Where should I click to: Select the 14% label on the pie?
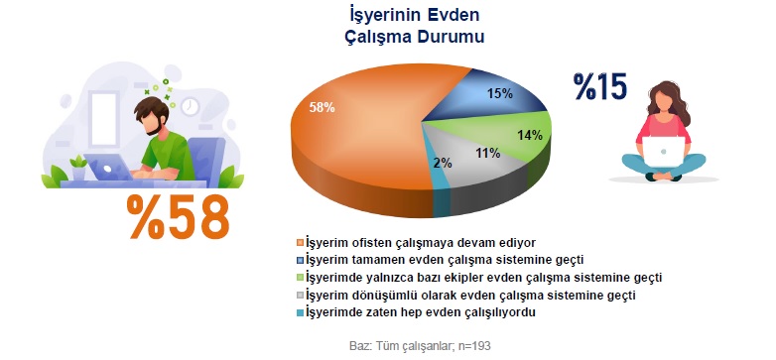click(529, 134)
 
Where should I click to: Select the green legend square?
click(300, 278)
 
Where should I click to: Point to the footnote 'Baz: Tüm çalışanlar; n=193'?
click(416, 346)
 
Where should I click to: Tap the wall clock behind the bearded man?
click(189, 105)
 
